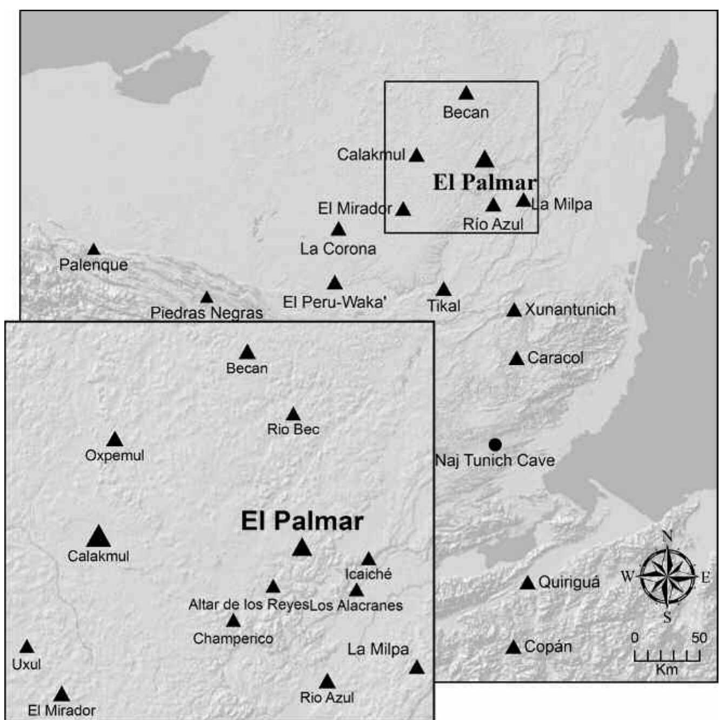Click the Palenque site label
coord(94,265)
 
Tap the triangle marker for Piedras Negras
coord(207,297)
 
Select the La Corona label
coord(338,249)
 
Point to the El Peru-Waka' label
coord(335,302)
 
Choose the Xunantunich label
coord(570,309)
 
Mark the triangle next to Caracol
coord(516,358)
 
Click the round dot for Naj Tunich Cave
coord(495,444)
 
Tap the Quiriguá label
coord(569,582)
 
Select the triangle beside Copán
coord(513,647)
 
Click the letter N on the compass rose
coord(667,536)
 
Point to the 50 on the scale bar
coord(699,638)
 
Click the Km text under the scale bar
coord(667,670)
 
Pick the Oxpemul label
coord(115,455)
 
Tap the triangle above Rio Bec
coord(293,415)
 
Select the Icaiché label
coord(368,574)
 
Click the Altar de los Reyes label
coord(248,604)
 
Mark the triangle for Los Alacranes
coord(356,590)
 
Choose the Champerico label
coord(233,638)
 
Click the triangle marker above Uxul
coord(26,647)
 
